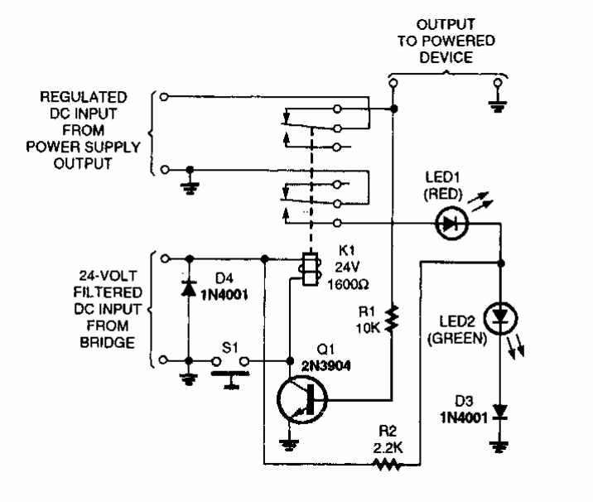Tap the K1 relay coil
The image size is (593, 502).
[307, 270]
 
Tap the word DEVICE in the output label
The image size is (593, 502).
[444, 56]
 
